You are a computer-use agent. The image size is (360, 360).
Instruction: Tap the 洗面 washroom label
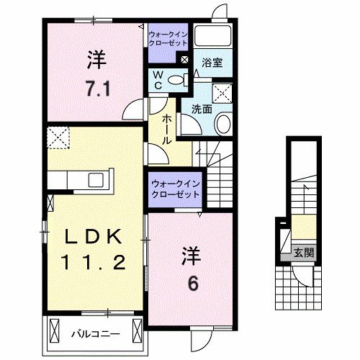(202, 109)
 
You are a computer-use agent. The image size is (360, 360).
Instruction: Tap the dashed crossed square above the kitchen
(57, 135)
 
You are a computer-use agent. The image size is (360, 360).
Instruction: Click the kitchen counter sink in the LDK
(96, 180)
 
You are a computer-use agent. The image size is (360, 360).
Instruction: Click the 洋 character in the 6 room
(189, 256)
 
